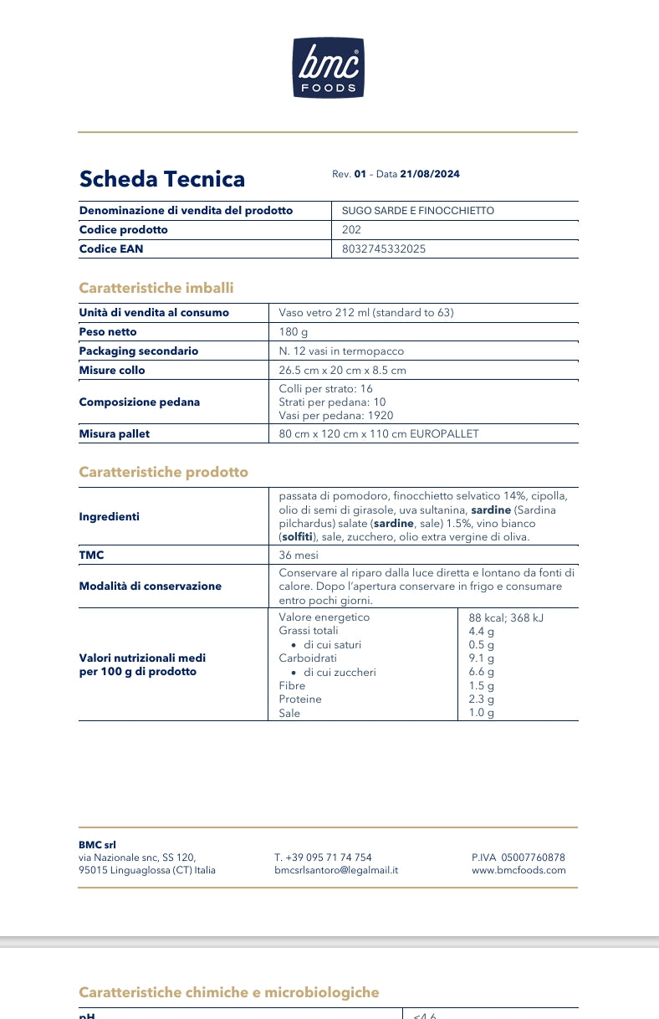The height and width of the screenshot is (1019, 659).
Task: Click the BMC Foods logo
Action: point(329,67)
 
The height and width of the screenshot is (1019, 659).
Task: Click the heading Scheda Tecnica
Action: point(162,179)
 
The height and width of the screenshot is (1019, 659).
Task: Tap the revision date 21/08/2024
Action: point(430,174)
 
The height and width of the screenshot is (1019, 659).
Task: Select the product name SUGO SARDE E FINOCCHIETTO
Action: point(418,211)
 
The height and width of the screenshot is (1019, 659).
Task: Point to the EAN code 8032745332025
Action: point(378,248)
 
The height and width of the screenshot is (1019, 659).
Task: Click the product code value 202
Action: point(352,229)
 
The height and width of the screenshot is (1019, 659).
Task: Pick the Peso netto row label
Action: point(108,332)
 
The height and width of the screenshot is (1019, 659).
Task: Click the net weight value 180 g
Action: point(294,332)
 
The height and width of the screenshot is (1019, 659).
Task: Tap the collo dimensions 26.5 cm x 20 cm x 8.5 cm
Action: point(343,370)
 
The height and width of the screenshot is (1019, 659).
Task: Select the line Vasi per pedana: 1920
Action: point(336,415)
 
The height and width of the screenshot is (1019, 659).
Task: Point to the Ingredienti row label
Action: point(110,516)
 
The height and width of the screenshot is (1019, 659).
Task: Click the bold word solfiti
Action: point(302,537)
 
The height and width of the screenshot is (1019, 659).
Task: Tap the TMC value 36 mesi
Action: point(299,555)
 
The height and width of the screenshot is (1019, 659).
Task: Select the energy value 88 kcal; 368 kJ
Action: point(507,618)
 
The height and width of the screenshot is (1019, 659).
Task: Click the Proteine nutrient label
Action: point(300,699)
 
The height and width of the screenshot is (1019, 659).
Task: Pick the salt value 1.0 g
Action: point(482,713)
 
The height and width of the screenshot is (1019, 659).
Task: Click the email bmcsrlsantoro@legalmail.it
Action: point(336,870)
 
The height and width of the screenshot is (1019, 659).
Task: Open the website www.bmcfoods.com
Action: point(519,870)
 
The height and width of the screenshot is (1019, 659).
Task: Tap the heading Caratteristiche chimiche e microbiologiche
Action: point(229,992)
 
